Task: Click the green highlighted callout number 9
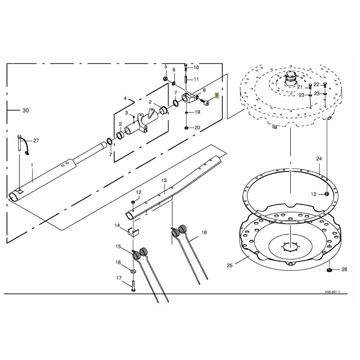pyautogui.click(x=217, y=95)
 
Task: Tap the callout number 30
pyautogui.click(x=26, y=110)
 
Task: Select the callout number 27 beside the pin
pyautogui.click(x=36, y=141)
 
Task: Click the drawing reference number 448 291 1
pyautogui.click(x=332, y=292)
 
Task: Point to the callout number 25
pyautogui.click(x=230, y=265)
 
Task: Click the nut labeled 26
pyautogui.click(x=329, y=269)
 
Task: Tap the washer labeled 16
pyautogui.click(x=133, y=271)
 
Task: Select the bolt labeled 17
pyautogui.click(x=133, y=286)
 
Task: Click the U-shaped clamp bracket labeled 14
pyautogui.click(x=133, y=232)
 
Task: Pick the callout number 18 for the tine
pyautogui.click(x=204, y=233)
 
